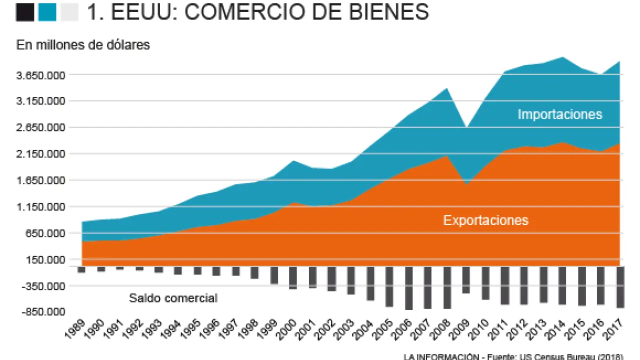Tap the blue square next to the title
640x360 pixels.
tap(47, 12)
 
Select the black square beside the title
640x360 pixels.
tap(25, 12)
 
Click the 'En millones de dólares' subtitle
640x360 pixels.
tap(83, 44)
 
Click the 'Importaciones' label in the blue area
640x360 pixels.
tap(559, 114)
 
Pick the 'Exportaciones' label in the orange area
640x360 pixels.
tap(485, 220)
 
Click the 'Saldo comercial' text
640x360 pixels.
tap(173, 298)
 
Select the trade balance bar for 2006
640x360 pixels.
tap(408, 288)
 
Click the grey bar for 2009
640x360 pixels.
tap(466, 280)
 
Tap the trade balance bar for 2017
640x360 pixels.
tap(620, 287)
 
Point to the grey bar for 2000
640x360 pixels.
tap(293, 278)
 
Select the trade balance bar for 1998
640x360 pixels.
tap(254, 272)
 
